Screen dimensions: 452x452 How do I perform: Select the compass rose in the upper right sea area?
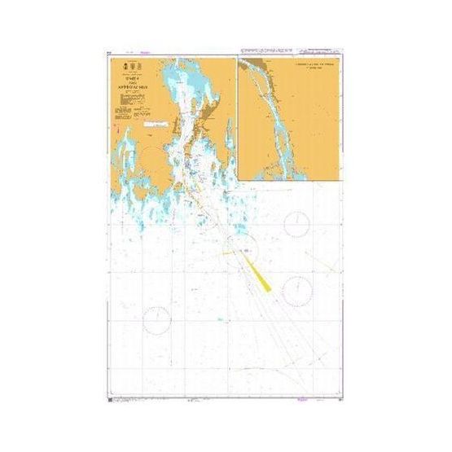pos(296,223)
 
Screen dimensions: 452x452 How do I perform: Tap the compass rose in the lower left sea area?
pos(156,320)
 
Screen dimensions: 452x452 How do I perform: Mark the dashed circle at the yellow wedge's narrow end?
pos(244,248)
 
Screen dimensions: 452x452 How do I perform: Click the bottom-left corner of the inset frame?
pos(238,180)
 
